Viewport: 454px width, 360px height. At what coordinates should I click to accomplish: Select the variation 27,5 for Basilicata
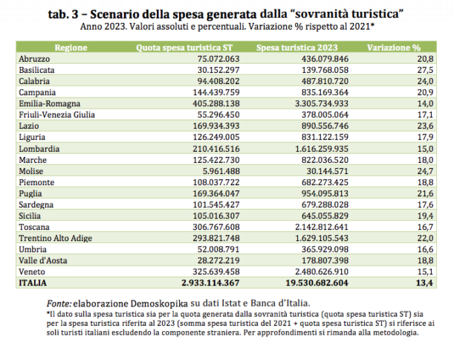pos(424,69)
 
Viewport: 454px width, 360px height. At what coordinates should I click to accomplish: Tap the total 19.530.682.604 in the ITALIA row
pos(315,283)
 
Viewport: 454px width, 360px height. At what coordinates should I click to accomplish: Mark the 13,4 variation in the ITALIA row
pos(424,283)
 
